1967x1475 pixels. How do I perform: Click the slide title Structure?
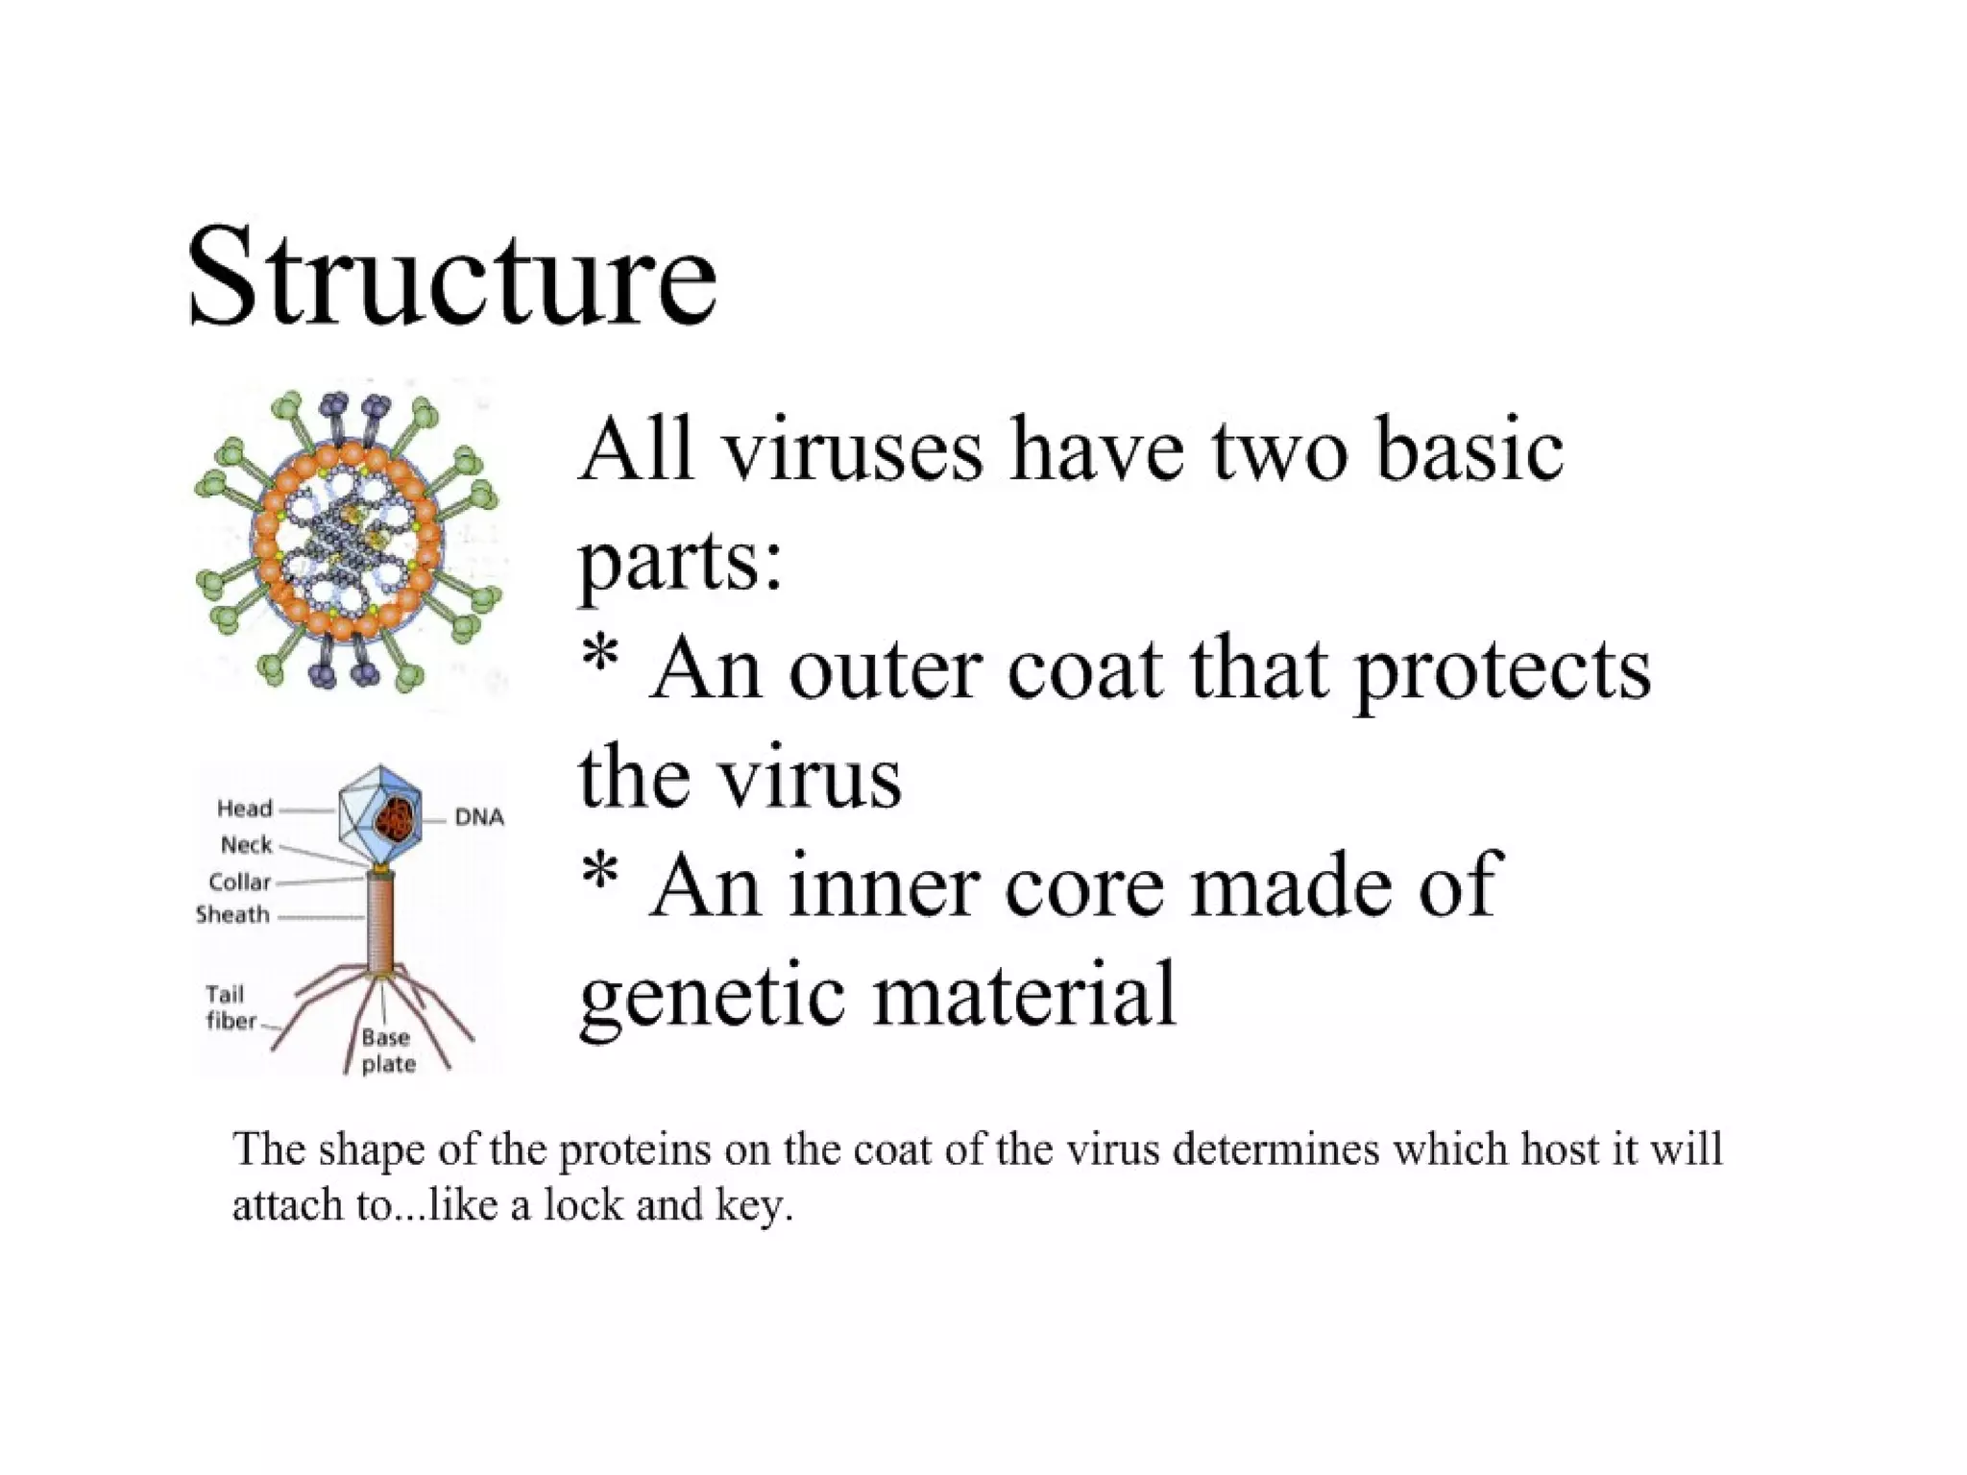451,277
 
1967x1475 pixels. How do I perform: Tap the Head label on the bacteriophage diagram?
245,809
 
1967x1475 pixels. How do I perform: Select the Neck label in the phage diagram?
247,845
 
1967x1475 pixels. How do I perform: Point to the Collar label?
240,882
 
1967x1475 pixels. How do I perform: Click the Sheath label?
233,914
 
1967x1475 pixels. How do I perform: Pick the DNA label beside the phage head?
479,817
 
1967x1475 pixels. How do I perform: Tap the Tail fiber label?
231,1007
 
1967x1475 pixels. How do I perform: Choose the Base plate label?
388,1051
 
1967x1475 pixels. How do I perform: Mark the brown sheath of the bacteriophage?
380,922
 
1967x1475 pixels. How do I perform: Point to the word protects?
1502,669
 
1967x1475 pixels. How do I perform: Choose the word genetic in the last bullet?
715,995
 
